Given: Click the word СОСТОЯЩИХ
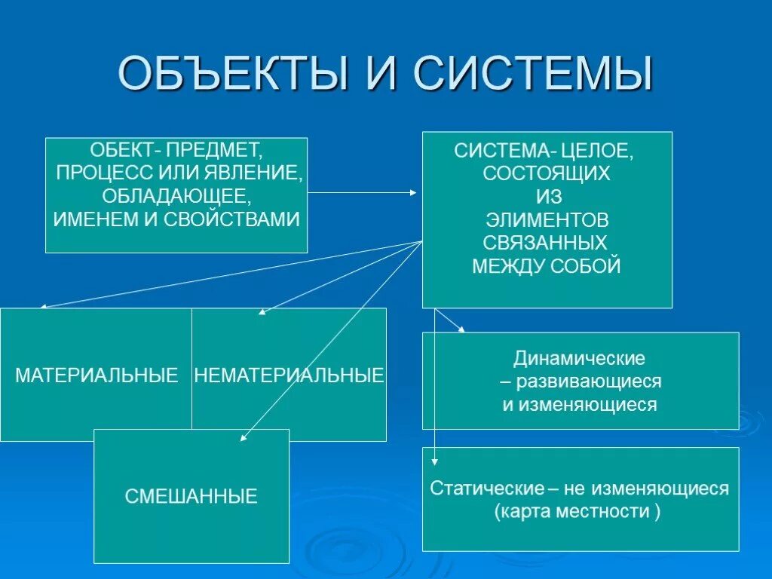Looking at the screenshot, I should (547, 173).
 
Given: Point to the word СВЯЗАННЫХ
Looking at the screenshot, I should (547, 243).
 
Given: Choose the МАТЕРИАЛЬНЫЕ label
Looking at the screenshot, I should (96, 375).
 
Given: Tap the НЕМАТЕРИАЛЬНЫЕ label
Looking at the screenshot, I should (289, 375).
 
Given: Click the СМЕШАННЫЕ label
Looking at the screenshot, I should (191, 496).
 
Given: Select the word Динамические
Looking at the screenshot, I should (580, 357).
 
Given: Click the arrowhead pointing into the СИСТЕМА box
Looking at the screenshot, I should (413, 192).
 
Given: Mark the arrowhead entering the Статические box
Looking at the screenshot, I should (435, 461).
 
